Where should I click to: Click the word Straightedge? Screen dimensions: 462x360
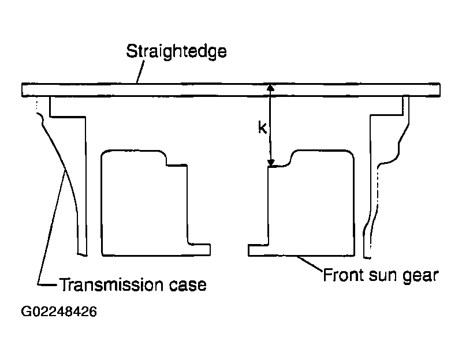[176, 51]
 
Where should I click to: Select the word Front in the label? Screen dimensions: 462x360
[343, 275]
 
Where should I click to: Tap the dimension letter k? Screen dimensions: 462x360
[262, 127]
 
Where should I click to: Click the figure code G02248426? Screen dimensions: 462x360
[59, 312]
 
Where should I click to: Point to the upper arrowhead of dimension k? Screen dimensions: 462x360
[270, 88]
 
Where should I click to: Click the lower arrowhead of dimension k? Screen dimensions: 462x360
[271, 163]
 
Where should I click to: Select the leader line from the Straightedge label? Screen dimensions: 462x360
[140, 72]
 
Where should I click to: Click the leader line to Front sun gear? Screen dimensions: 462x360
[310, 264]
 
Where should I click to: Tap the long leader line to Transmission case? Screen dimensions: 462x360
[51, 227]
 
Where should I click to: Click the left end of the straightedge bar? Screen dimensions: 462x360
[23, 90]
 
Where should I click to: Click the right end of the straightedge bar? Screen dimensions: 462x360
[439, 90]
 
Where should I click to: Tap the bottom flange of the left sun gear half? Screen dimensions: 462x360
[199, 250]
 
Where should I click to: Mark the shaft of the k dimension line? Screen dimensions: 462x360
[270, 125]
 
